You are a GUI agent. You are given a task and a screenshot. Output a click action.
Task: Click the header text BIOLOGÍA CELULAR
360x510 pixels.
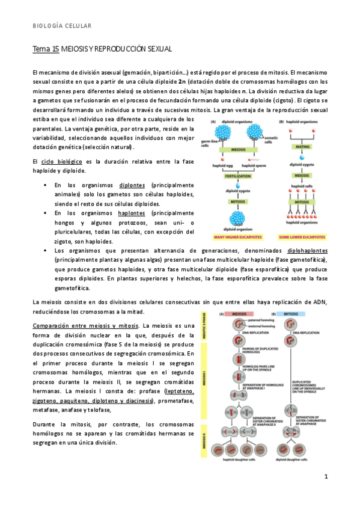point(62,26)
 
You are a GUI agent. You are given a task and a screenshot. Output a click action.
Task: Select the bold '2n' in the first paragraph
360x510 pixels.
point(182,81)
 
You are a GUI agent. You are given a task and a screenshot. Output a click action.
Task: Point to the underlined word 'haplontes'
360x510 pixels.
point(135,213)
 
